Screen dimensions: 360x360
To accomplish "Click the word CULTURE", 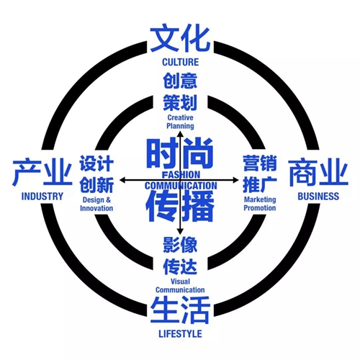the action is tap(181, 62).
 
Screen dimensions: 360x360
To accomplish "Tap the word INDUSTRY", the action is tap(42, 197).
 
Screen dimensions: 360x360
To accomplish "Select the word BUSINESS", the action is tap(318, 197).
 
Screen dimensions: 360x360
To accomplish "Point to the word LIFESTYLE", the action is tap(180, 334).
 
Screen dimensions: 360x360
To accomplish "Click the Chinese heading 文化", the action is tap(180, 39).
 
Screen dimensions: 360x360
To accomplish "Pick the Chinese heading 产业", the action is tap(42, 171).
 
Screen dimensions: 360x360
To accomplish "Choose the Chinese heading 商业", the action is tap(318, 171).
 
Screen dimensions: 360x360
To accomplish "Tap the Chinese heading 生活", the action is tap(180, 310).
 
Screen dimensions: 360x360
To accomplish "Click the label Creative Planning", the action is tap(180, 122).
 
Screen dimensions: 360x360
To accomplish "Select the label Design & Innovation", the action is tap(96, 204).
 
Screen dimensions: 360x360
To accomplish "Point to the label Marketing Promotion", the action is tap(260, 204).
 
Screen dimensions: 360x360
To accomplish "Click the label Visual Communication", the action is tap(180, 286).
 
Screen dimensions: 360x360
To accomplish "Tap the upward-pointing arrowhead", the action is tap(180, 134).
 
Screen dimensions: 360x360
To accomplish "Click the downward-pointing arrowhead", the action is tap(180, 231).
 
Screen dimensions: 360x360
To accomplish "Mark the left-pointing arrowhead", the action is tap(122, 180).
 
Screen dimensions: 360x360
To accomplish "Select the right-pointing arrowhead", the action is tap(235, 180).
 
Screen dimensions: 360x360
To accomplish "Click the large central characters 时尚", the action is tap(180, 153).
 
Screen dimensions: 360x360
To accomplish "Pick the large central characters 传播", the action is tap(180, 207).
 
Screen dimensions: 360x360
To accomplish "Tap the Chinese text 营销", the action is tap(260, 163).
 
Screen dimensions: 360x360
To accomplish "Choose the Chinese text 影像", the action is tap(180, 245).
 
